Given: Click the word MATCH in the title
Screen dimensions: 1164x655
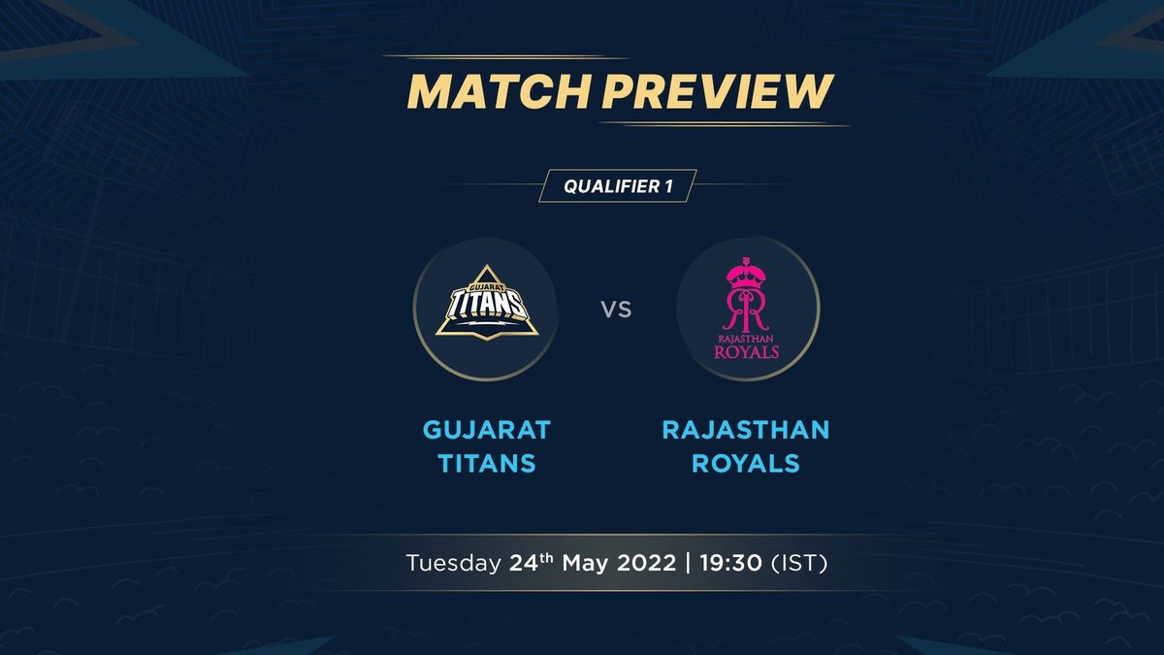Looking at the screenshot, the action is tap(499, 91).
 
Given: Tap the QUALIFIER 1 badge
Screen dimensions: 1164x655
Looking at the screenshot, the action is tap(618, 185).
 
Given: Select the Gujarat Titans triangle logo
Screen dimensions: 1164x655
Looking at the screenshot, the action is tap(487, 303).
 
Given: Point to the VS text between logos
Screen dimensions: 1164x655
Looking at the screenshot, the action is tap(616, 310).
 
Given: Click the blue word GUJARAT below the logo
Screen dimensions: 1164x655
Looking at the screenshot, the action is tap(487, 430).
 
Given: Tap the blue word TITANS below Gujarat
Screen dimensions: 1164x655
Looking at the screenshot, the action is tap(487, 463).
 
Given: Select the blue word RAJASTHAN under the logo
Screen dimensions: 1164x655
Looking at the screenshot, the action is tap(746, 430).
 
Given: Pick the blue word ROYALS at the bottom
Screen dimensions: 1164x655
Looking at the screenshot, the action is tap(746, 463).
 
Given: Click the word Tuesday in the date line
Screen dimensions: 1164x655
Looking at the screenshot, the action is tap(453, 564).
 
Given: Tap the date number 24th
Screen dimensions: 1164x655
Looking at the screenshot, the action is tap(532, 562).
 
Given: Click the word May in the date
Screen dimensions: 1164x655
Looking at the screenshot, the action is tap(586, 564).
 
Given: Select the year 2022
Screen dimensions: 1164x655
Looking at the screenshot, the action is tap(647, 563).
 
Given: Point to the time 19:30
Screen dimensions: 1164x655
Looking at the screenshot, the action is tap(731, 563).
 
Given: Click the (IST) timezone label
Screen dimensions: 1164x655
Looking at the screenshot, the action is tap(799, 563).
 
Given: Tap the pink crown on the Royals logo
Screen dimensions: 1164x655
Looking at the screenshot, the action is tap(747, 273).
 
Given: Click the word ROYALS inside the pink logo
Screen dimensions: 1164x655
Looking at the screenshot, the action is tap(747, 352).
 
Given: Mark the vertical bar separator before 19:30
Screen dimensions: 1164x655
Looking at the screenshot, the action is tap(689, 563).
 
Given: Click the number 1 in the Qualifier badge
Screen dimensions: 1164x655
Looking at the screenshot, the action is tap(668, 186).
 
